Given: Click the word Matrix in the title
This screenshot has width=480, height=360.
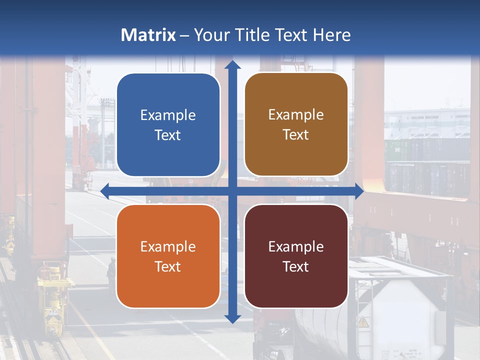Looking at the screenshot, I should tap(148, 35).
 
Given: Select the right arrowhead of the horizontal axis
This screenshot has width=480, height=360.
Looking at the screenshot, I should tap(358, 191).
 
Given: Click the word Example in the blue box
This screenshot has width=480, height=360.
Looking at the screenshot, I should tap(168, 115).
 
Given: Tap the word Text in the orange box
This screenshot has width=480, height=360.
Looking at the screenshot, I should tap(168, 266).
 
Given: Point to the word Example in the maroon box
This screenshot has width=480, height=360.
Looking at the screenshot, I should tap(296, 246).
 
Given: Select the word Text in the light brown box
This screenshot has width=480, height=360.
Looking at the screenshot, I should tap(296, 135).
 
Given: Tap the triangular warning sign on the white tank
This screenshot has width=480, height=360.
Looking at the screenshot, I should tap(363, 322).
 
